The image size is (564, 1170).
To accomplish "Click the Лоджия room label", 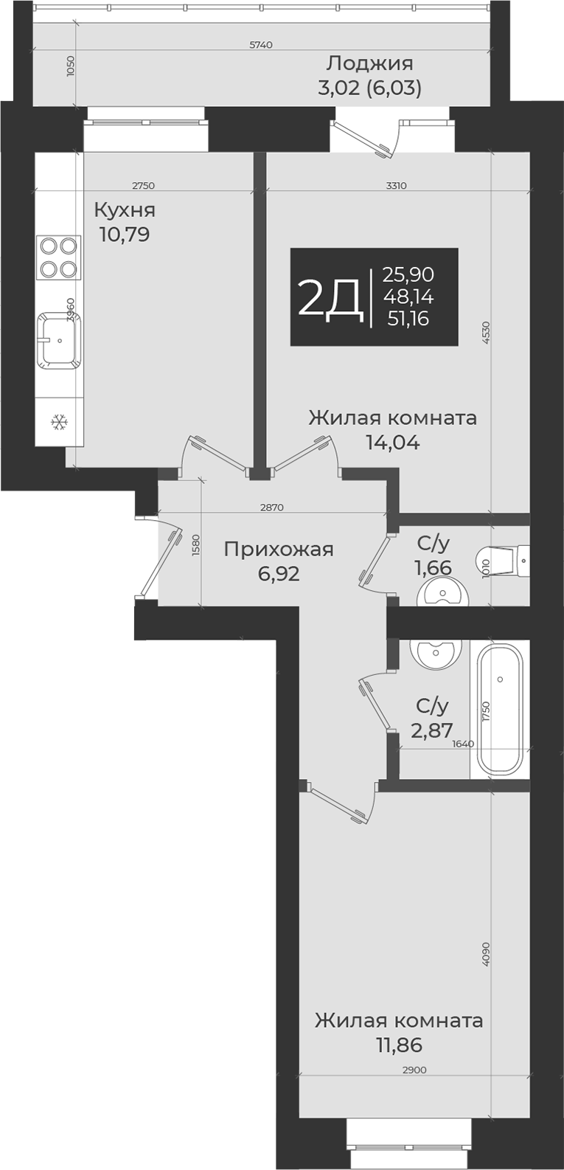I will tap(369, 63).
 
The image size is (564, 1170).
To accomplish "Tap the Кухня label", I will tap(125, 210).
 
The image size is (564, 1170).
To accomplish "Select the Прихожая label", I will tap(278, 549).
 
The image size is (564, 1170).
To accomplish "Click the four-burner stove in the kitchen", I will tap(59, 257).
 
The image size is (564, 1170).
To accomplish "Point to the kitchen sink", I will tap(59, 340).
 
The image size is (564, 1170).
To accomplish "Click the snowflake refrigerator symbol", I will tap(59, 423).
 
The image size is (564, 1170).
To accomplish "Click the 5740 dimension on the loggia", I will tap(261, 45).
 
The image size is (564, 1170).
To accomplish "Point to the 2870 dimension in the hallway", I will tap(272, 508).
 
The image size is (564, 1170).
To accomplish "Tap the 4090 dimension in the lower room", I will tap(485, 954).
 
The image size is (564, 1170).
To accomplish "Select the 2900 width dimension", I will tap(414, 1070).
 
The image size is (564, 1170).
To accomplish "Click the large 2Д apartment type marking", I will tap(329, 297).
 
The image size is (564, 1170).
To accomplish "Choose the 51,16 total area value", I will tap(408, 319).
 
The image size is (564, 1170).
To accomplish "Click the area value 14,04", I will tap(392, 443).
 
